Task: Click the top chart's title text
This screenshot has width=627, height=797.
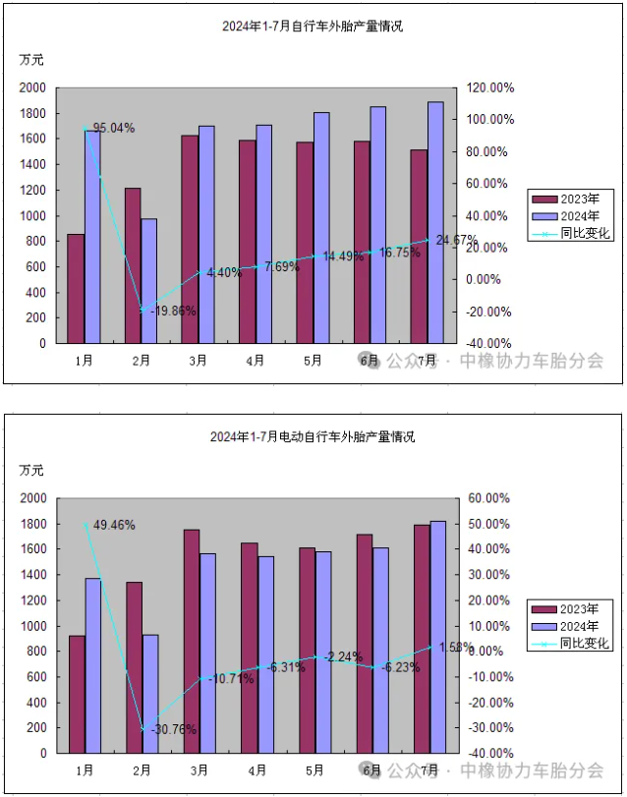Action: point(313,27)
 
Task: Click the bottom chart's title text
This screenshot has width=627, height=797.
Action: point(313,436)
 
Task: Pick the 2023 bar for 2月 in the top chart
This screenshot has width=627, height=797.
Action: point(133,265)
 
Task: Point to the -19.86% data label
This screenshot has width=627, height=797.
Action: point(168,311)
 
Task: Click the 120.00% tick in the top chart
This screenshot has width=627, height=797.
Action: point(488,87)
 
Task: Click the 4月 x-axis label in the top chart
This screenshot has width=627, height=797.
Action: point(256,361)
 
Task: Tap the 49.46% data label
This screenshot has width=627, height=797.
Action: point(114,525)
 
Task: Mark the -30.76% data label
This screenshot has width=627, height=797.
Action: point(169,729)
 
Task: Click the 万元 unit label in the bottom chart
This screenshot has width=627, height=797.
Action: point(32,470)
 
